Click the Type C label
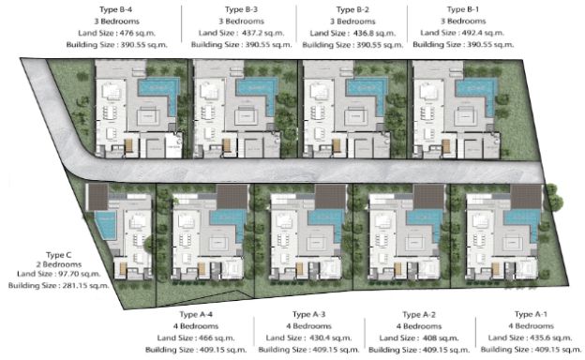(x=58, y=254)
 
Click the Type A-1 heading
(x=530, y=315)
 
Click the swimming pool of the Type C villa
(x=107, y=226)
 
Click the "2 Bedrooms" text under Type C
(x=59, y=263)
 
